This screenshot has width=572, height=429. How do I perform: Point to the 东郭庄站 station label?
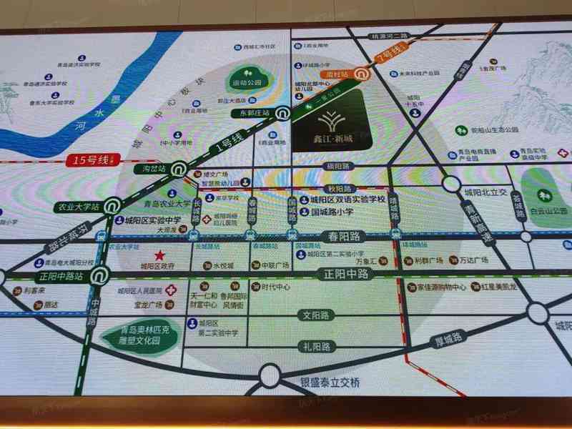click(x=256, y=113)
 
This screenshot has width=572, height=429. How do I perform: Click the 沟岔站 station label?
click(x=153, y=169)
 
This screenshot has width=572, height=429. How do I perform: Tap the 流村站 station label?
click(x=335, y=73)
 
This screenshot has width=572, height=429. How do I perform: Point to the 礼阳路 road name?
click(x=315, y=347)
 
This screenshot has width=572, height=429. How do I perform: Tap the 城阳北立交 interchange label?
click(x=485, y=192)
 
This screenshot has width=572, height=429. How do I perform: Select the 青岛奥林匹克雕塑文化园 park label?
click(x=139, y=337)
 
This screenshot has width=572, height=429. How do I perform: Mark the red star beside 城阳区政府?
click(x=159, y=256)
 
